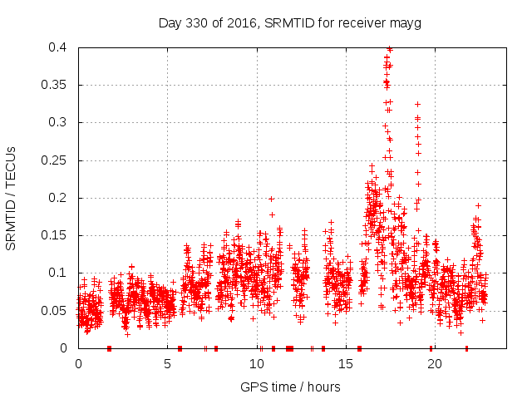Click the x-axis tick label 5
coord(167,364)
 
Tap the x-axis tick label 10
coord(256,364)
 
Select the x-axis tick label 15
coord(345,364)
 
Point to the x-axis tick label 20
coord(434,364)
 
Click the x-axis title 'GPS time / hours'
coord(290,387)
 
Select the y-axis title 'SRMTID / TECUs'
coord(12,198)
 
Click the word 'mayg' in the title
coord(406,22)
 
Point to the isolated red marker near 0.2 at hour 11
coord(271,199)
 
